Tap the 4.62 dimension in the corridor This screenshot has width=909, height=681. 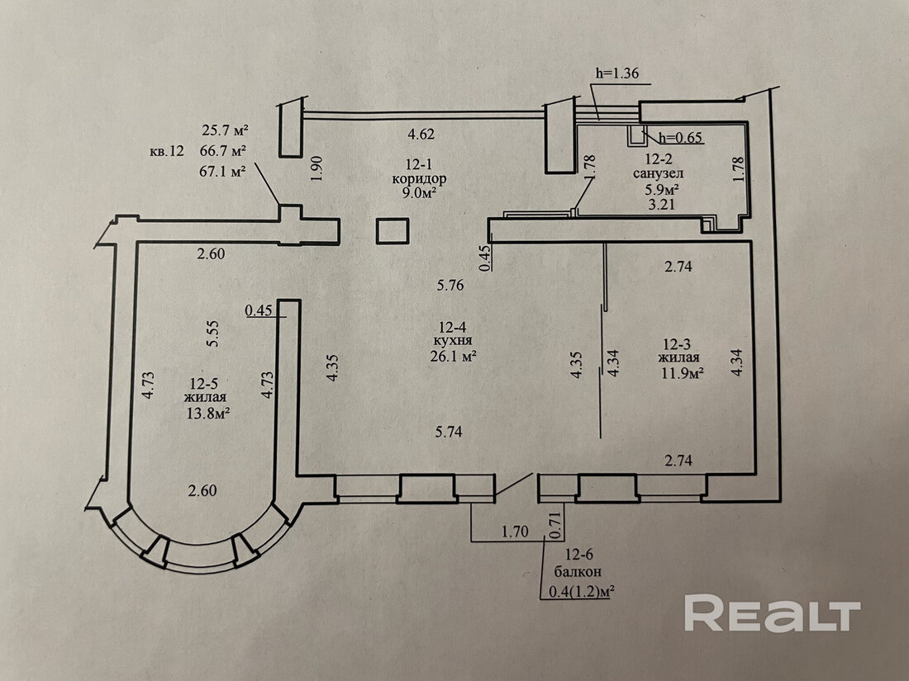point(421,134)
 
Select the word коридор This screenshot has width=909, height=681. point(421,178)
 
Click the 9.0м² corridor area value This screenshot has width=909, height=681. point(421,193)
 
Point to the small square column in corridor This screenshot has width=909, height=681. point(393,231)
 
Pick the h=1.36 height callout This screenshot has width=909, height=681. point(616,73)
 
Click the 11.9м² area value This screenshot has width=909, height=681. point(681,373)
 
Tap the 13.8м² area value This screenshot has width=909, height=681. point(207,414)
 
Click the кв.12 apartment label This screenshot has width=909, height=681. point(167,151)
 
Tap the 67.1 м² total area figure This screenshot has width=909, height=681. point(224,171)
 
